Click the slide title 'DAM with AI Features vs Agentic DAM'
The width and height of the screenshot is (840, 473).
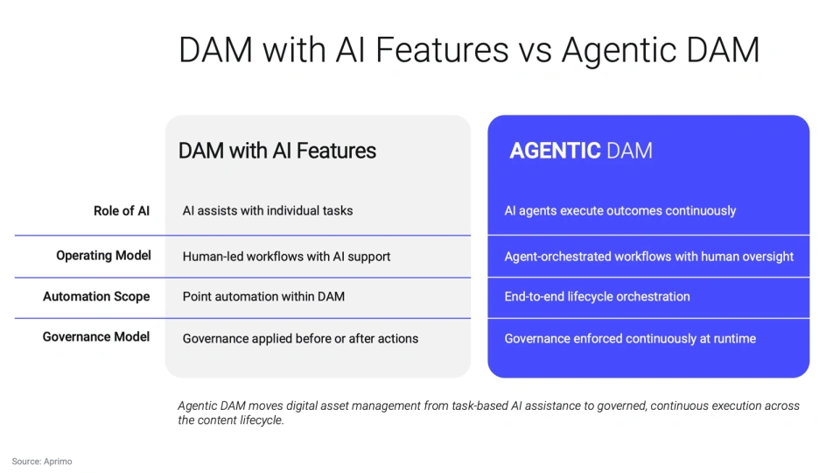coord(468,50)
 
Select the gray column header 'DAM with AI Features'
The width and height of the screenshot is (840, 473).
coord(276,151)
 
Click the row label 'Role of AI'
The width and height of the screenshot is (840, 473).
coord(122,211)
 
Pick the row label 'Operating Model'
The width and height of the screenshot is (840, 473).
coord(103,256)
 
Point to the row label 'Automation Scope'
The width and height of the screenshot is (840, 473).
coord(96,297)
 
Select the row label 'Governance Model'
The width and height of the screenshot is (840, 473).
coord(96,337)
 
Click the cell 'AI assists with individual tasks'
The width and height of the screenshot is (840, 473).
coord(267,211)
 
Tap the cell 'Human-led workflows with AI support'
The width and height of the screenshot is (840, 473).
coord(286,257)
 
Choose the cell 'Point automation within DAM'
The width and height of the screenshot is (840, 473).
coord(263,297)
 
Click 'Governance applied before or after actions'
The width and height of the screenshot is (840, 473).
coord(300,339)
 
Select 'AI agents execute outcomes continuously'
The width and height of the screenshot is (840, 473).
coord(619,211)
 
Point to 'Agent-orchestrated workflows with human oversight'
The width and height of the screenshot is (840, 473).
coord(648,257)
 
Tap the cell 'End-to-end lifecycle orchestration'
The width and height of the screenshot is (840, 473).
coord(597,297)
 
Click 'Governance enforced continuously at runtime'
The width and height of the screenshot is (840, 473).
coord(630,339)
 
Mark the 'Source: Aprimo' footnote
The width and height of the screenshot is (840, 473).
coord(42,461)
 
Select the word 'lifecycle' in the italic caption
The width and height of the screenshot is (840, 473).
coord(261,420)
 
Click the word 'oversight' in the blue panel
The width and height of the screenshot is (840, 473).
coord(766,257)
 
